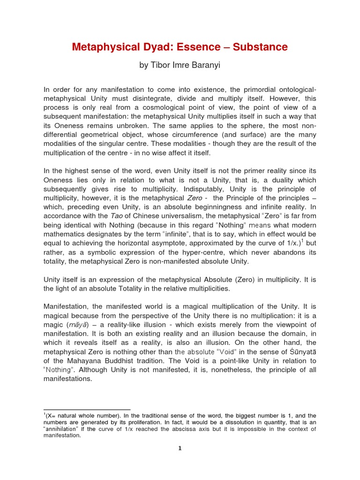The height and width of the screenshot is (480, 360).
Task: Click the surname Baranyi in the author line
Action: pyautogui.click(x=205, y=66)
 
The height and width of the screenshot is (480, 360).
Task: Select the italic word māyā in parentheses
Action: pyautogui.click(x=78, y=324)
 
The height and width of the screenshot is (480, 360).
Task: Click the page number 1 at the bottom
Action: pyautogui.click(x=180, y=448)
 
